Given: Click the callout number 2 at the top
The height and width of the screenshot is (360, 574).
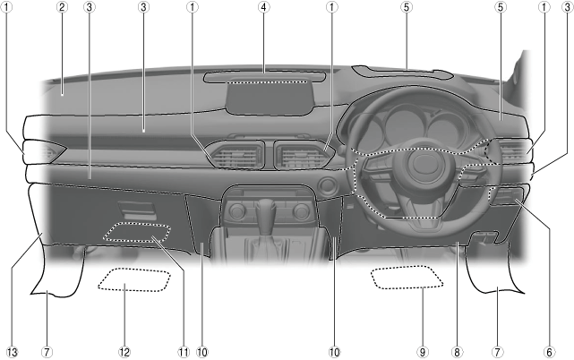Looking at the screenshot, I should click(x=62, y=8).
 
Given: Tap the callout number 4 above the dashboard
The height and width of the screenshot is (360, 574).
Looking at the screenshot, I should click(x=263, y=8).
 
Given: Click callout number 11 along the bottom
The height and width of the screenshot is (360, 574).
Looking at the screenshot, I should click(x=183, y=352).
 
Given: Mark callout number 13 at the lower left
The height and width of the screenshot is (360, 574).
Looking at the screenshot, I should click(x=11, y=352).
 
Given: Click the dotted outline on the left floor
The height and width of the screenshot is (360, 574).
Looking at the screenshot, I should click(x=134, y=282).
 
